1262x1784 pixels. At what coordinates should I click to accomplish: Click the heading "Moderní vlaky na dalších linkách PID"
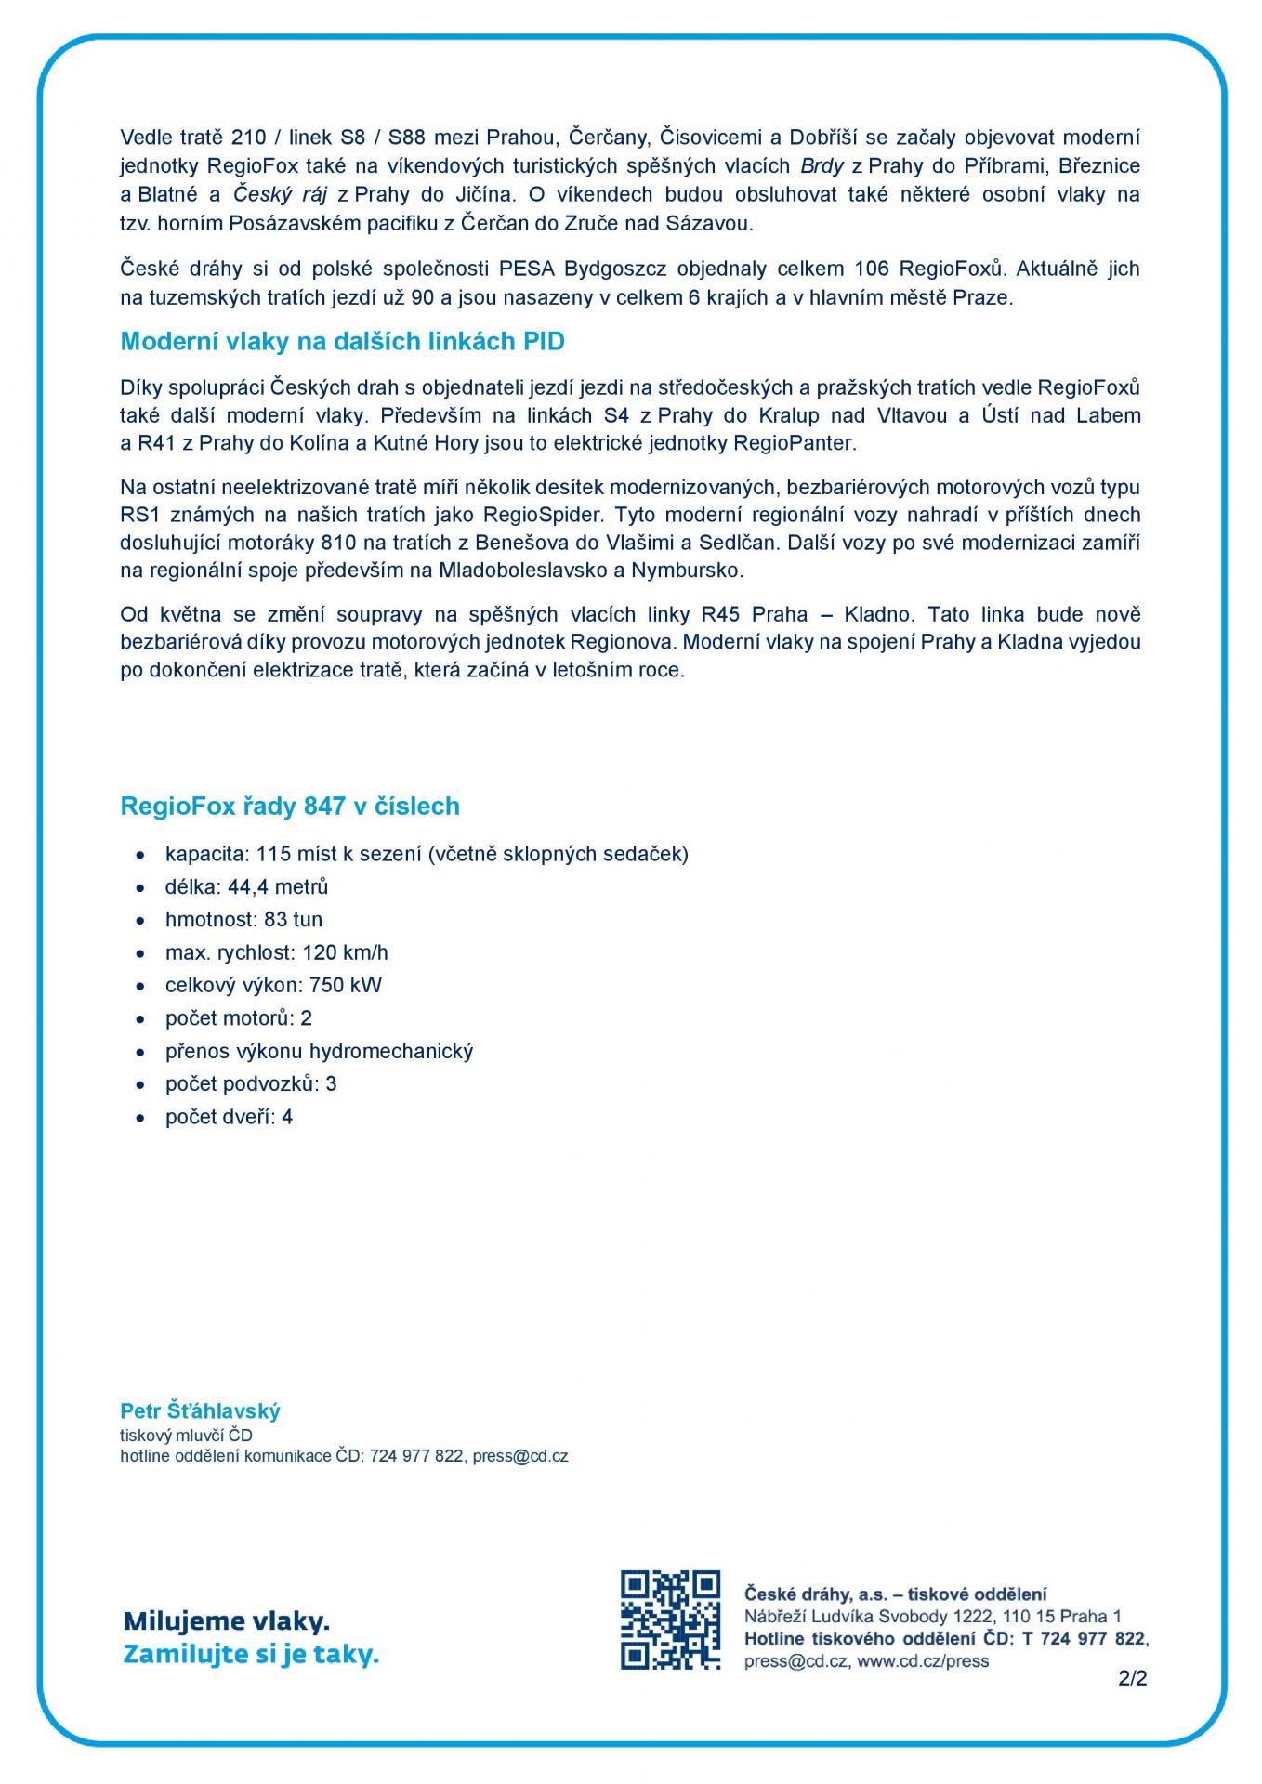(342, 342)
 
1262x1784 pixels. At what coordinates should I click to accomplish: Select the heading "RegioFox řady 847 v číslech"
(290, 807)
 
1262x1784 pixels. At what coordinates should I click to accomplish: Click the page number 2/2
(1133, 1679)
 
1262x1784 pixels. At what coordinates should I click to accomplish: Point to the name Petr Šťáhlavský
(200, 1411)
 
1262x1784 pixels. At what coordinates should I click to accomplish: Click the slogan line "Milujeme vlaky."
(227, 1622)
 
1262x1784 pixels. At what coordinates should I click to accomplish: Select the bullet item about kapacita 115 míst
(427, 854)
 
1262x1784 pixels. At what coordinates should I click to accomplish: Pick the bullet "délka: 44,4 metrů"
(246, 887)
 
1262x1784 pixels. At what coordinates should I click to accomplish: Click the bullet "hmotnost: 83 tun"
(243, 920)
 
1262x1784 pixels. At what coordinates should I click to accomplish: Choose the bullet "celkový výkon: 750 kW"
(273, 986)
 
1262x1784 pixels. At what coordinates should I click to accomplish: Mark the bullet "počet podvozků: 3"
(251, 1084)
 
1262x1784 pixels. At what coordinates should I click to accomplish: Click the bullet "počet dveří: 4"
(229, 1117)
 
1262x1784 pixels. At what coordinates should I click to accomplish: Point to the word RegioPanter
(793, 443)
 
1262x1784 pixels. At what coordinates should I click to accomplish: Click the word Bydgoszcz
(615, 269)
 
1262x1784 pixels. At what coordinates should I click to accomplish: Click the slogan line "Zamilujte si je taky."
(251, 1655)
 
